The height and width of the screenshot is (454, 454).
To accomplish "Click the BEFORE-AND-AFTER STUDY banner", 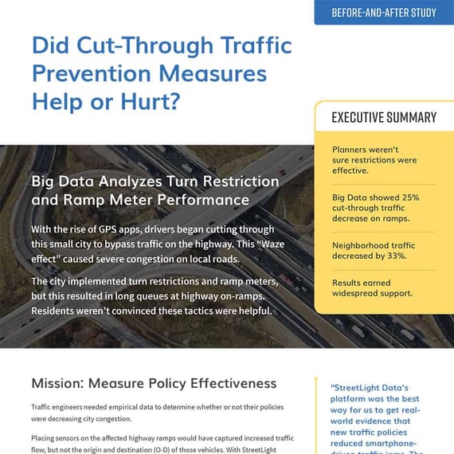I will point(384,12).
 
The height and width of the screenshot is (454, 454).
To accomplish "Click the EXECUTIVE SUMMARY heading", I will point(384,117).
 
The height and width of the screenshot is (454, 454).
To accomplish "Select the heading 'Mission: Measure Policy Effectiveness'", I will point(154,384).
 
